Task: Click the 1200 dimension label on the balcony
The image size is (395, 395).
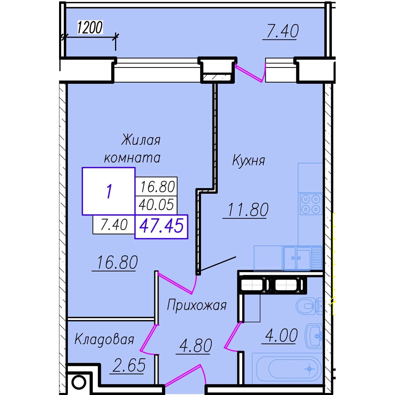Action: (x=90, y=27)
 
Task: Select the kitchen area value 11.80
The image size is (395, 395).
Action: (x=248, y=210)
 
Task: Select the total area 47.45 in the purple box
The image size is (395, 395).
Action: (x=161, y=226)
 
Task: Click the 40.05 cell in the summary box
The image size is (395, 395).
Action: (x=156, y=205)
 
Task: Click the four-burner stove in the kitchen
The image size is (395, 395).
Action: (x=311, y=204)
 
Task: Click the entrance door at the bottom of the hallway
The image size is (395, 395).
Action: (x=185, y=375)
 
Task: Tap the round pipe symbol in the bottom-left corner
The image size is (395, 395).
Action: (x=78, y=382)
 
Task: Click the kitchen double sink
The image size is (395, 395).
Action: (x=297, y=258)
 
